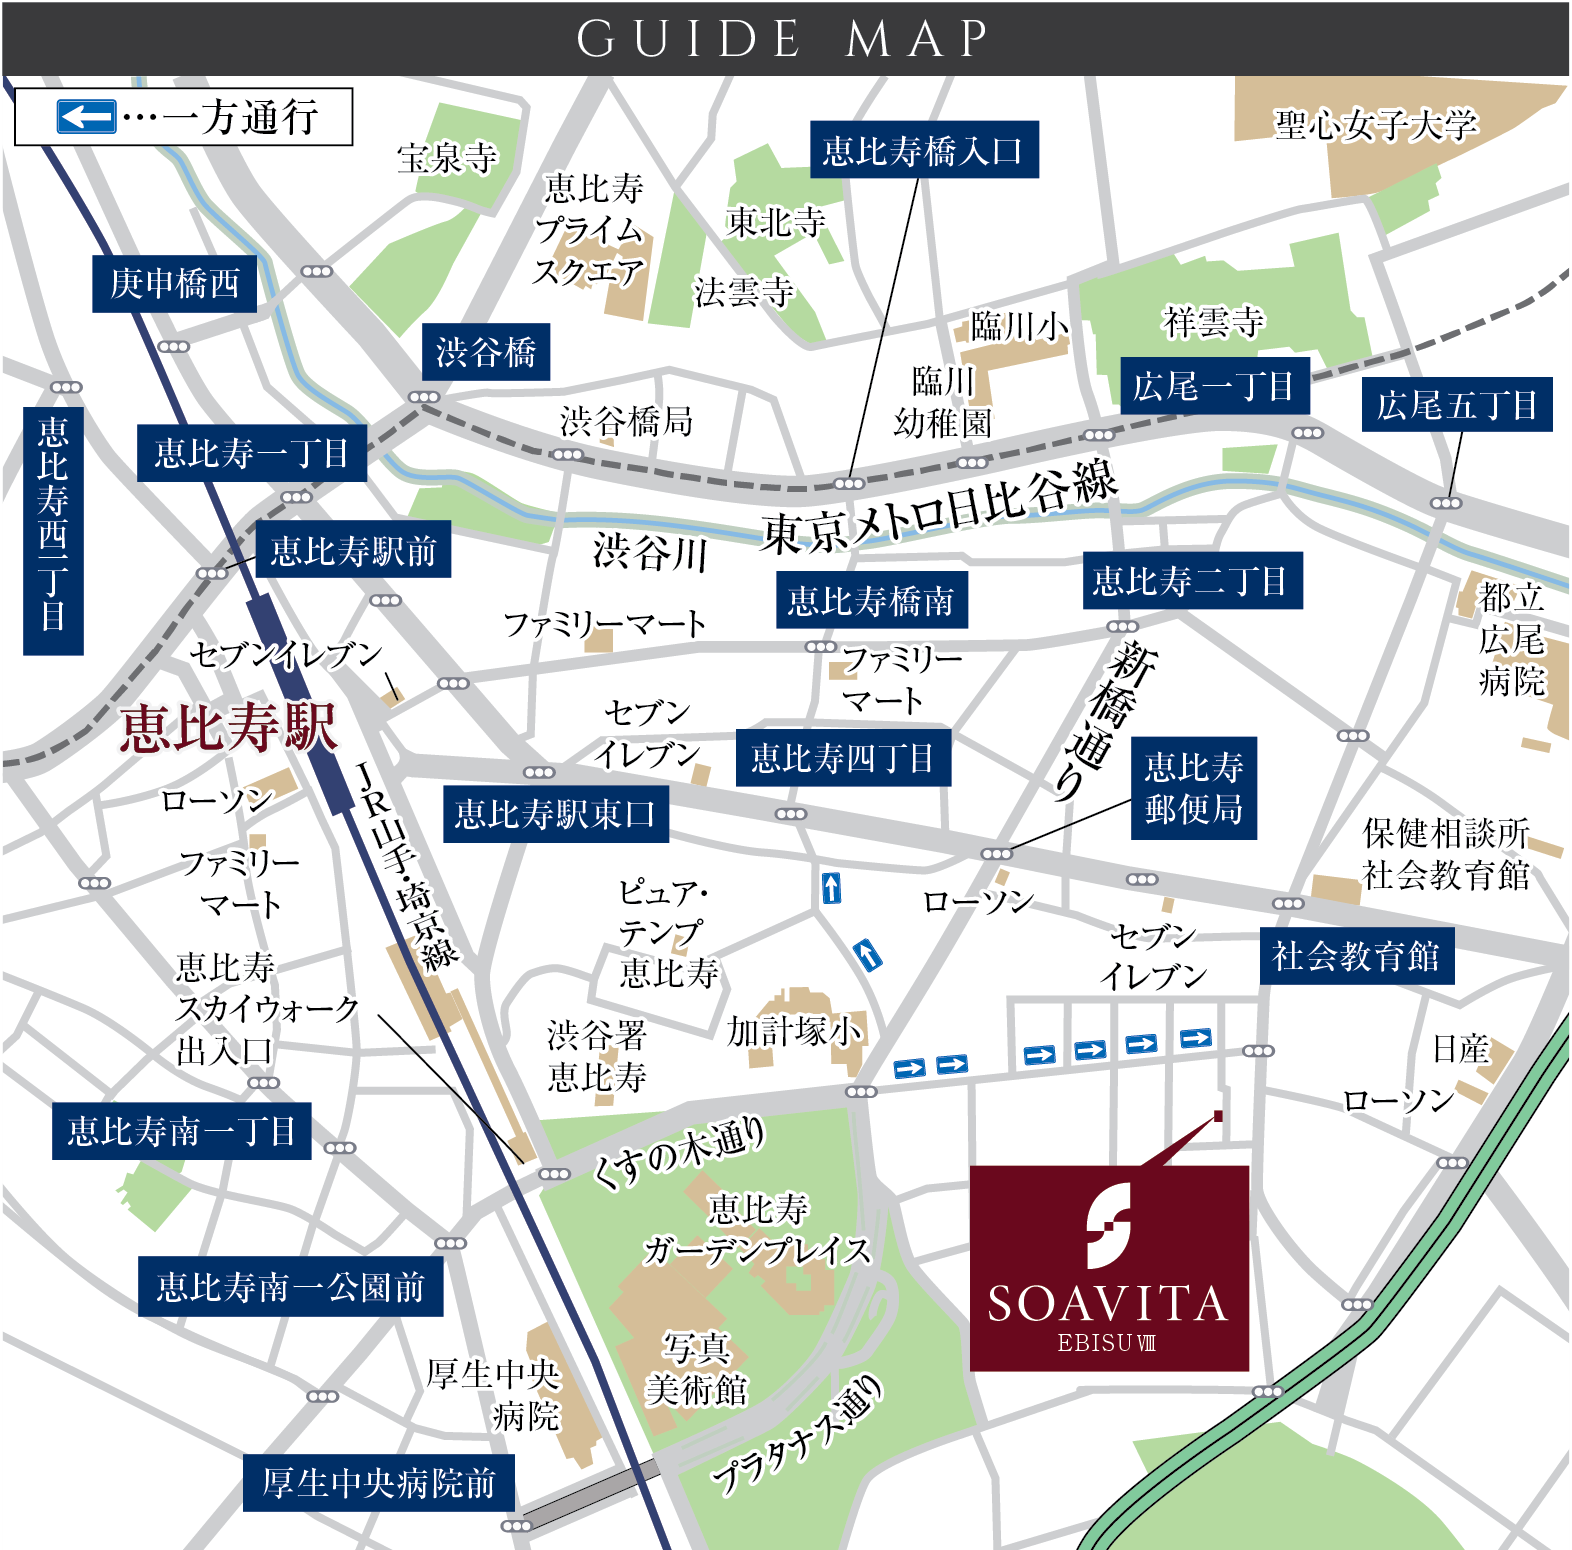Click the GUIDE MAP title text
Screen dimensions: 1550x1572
coord(783,39)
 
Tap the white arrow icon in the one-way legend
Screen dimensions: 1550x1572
coord(86,117)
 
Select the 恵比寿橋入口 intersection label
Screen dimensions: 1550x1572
coord(923,150)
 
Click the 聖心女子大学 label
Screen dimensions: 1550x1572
coord(1374,125)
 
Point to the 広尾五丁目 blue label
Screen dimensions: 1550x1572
coord(1456,405)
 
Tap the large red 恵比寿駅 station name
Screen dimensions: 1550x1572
coord(228,727)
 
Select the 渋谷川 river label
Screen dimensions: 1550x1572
coord(650,552)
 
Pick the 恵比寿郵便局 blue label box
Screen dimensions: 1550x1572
coord(1193,788)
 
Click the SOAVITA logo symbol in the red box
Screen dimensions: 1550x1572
coord(1108,1224)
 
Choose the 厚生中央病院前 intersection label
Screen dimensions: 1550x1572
coord(379,1482)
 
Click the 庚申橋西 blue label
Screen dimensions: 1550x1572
coord(175,284)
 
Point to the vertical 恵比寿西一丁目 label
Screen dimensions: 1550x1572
coord(53,530)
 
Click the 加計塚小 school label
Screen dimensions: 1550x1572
coord(794,1030)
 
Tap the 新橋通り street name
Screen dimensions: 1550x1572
coord(1105,720)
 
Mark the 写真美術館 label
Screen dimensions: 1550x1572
coord(696,1369)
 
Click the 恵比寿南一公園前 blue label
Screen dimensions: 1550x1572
coord(290,1287)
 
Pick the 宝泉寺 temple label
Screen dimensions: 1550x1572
coord(447,158)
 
